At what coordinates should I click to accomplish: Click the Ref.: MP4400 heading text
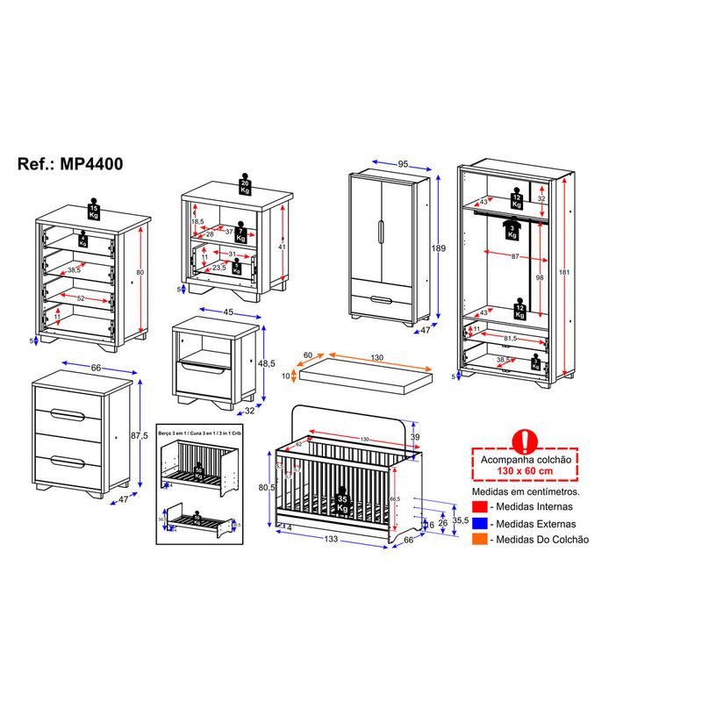point(70,164)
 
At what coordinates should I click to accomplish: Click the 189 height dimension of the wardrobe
point(440,248)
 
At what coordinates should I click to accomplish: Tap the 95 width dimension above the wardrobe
point(404,163)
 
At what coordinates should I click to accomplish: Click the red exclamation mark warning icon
point(524,440)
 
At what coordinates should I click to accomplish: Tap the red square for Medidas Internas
point(478,507)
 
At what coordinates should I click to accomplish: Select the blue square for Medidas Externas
point(478,523)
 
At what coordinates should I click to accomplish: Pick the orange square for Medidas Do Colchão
point(478,539)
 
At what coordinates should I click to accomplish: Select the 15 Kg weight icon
point(94,211)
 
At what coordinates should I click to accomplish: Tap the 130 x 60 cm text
point(523,471)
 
